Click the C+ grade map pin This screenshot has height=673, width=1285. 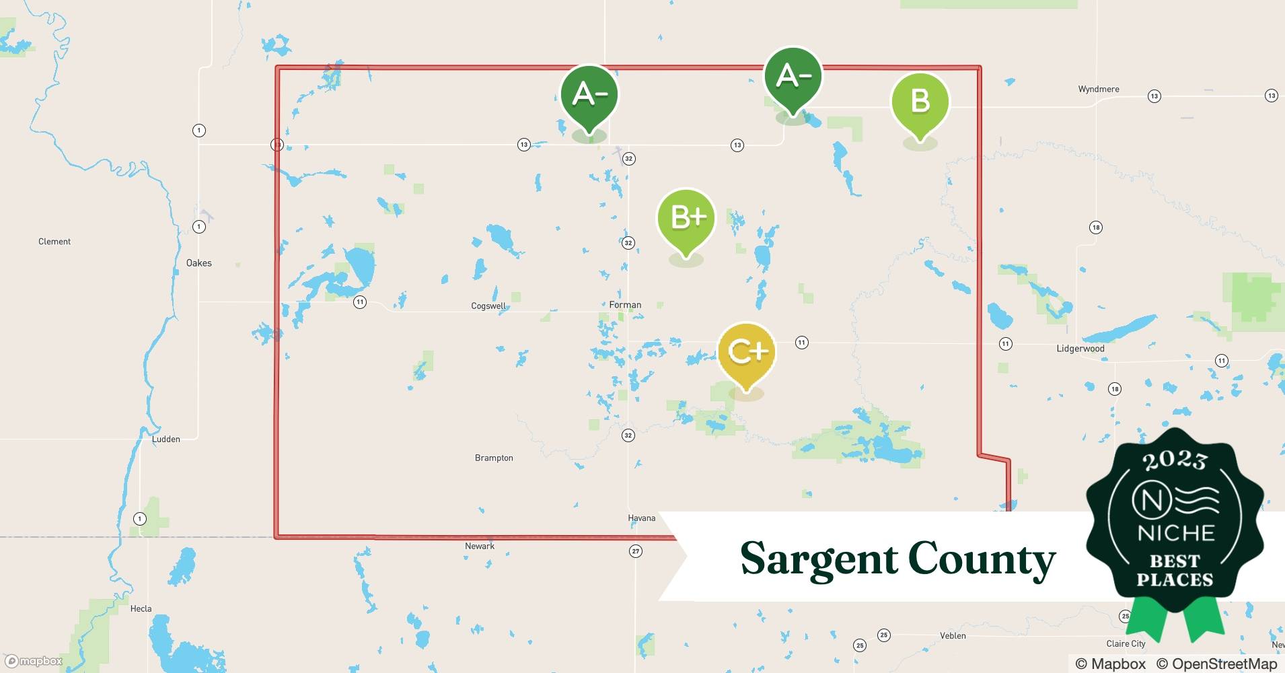click(x=747, y=352)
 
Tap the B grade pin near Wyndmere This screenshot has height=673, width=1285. click(x=920, y=102)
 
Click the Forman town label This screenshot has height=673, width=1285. click(x=625, y=305)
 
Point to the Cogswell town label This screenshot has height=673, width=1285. click(x=488, y=306)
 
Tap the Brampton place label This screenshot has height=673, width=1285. click(x=494, y=458)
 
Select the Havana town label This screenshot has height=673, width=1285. click(x=641, y=518)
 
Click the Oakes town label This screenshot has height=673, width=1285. click(x=199, y=263)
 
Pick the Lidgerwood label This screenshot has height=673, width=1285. click(x=1080, y=349)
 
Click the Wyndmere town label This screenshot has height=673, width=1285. click(x=1099, y=90)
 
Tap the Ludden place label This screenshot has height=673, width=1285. click(x=166, y=439)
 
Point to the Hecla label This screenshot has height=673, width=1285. click(x=141, y=609)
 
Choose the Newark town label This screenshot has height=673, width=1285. click(x=480, y=546)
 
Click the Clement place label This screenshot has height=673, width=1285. click(x=54, y=242)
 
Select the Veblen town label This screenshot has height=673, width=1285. click(x=953, y=636)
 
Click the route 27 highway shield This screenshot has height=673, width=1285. click(x=636, y=551)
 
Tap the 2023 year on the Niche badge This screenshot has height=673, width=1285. click(x=1175, y=460)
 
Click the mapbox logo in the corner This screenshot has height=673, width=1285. click(x=34, y=662)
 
